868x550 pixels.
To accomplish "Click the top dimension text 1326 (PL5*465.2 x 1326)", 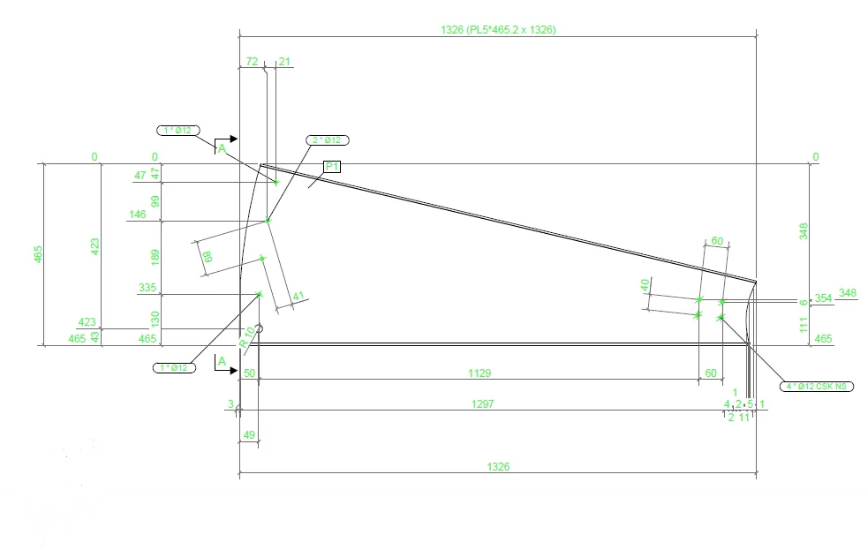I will pyautogui.click(x=498, y=29).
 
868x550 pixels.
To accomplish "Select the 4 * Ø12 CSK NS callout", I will pyautogui.click(x=817, y=387).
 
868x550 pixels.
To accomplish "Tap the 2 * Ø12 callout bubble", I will pyautogui.click(x=328, y=140).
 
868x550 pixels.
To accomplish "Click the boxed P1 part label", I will pyautogui.click(x=332, y=167).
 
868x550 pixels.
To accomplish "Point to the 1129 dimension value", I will pyautogui.click(x=479, y=373).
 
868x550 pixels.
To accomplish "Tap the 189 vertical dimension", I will pyautogui.click(x=155, y=257).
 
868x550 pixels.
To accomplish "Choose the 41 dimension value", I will pyautogui.click(x=298, y=297).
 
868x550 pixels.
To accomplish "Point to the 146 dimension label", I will pyautogui.click(x=137, y=215).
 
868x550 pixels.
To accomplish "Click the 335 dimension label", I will pyautogui.click(x=147, y=288).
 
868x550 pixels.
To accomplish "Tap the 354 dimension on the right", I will pyautogui.click(x=823, y=298).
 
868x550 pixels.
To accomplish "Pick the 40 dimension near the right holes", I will pyautogui.click(x=645, y=285).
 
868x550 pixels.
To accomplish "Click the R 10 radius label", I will pyautogui.click(x=247, y=336).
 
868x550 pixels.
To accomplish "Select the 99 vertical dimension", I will pyautogui.click(x=155, y=202).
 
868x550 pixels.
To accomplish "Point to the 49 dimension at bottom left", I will pyautogui.click(x=249, y=434).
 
